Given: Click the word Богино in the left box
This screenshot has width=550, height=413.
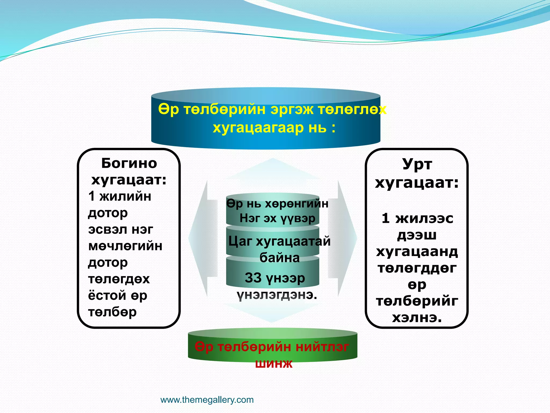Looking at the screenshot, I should [129, 163].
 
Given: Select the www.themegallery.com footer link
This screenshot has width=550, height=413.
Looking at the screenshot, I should [207, 400].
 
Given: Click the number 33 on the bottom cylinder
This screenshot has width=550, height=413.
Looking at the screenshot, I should [253, 277].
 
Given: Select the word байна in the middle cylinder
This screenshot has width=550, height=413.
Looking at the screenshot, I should [279, 258].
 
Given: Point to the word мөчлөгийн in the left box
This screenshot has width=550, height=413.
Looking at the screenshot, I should [125, 246].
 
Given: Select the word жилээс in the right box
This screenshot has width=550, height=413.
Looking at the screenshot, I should [424, 218].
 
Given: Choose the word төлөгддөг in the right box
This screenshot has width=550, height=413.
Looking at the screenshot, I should [417, 268].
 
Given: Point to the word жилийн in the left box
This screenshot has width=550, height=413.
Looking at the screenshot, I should [125, 196].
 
